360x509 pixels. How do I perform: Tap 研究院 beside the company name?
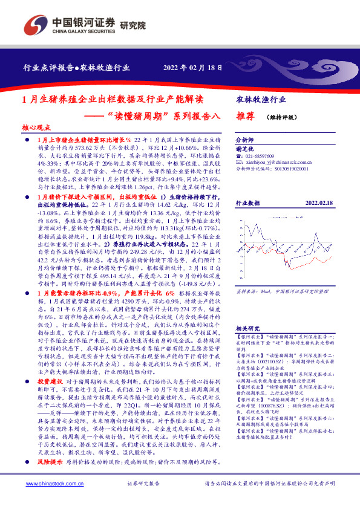point(133,25)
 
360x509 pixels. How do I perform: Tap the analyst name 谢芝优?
point(244,148)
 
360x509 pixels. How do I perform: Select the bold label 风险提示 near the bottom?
point(50,478)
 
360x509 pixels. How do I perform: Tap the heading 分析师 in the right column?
point(245,138)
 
